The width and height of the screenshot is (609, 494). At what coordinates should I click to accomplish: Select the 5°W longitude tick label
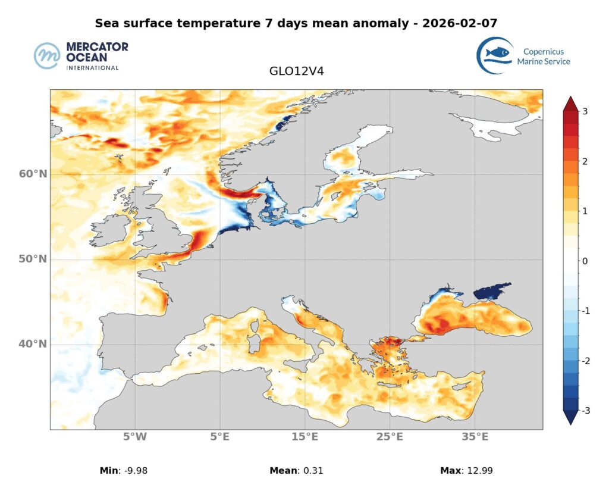pos(135,437)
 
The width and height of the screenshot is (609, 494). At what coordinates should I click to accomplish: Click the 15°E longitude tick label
pos(304,437)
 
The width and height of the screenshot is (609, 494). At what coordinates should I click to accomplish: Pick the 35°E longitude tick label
pos(475,437)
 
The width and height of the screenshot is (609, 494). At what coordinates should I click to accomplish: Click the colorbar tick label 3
pos(585,111)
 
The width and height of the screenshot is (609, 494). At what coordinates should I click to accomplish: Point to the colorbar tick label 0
pos(585,261)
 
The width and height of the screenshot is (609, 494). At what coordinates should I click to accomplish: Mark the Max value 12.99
pos(479,471)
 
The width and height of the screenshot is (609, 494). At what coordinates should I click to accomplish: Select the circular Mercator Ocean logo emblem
pos(47,56)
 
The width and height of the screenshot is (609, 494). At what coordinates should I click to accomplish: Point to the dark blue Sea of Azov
pos(491,292)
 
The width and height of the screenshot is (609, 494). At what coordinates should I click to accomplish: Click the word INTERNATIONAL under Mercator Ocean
pos(93,67)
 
